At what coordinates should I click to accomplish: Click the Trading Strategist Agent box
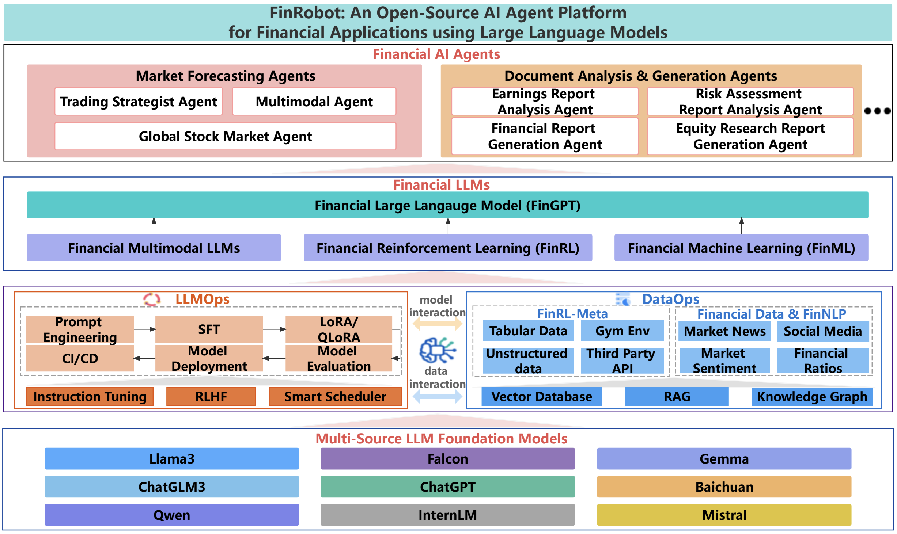pos(139,102)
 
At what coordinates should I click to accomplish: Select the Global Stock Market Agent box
pos(225,136)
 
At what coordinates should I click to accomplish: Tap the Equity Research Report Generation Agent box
pos(750,136)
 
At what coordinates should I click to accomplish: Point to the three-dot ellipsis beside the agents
pos(877,111)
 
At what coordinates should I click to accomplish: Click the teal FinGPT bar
pos(447,205)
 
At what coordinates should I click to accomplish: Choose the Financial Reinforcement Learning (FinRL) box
pos(447,248)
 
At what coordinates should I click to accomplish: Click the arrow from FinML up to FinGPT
pos(742,226)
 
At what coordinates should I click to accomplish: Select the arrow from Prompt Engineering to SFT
pos(145,329)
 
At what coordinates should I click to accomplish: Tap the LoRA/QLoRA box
pos(338,329)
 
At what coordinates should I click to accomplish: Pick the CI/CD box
pos(80,358)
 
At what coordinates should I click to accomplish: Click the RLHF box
pos(211,396)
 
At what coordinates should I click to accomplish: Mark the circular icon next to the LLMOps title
pos(152,300)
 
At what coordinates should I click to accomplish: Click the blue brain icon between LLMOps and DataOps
pos(437,350)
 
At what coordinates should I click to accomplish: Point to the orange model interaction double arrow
pos(437,323)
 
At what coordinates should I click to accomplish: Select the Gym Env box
pos(622,331)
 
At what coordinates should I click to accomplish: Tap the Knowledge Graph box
pos(811,396)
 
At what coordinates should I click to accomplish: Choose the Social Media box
pos(822,331)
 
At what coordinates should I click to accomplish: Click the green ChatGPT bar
pos(447,487)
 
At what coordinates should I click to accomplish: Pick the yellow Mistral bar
pos(724,515)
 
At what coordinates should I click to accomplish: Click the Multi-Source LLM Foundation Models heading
pos(441,438)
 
